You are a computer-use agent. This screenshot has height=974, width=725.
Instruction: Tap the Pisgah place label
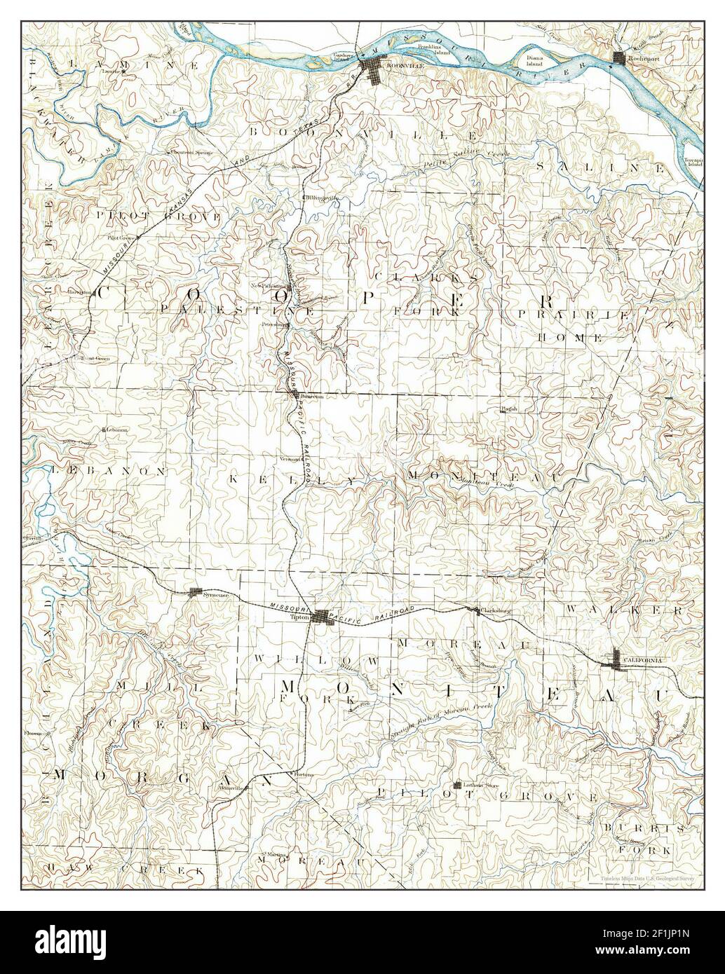(x=508, y=408)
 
